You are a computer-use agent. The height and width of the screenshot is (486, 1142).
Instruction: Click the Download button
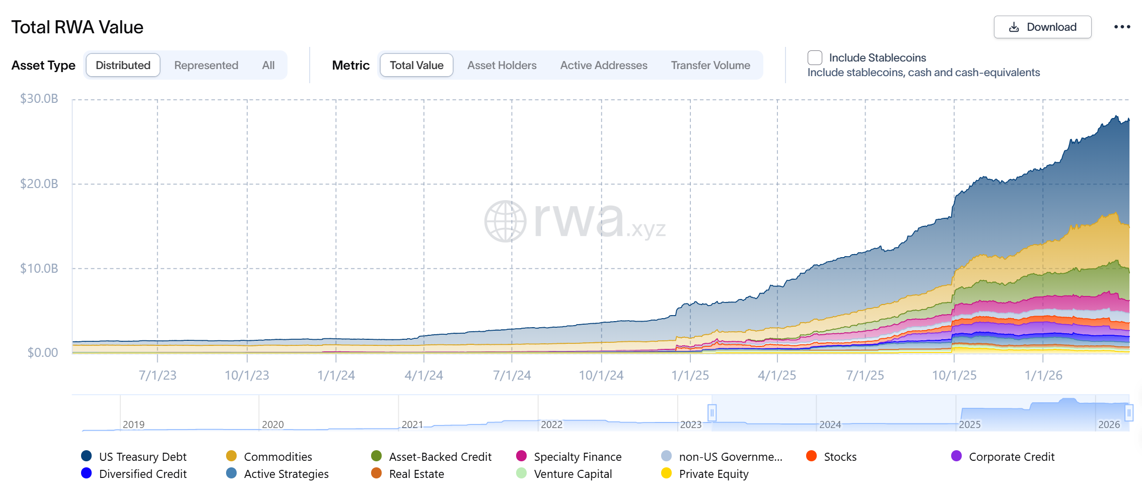(x=1042, y=27)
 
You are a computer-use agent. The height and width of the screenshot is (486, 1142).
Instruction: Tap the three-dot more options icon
(x=1122, y=27)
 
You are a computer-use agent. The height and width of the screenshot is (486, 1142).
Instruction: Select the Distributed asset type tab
(x=123, y=66)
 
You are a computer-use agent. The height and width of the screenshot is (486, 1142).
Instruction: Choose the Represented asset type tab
(x=206, y=66)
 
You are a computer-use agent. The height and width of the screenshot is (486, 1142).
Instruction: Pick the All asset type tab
(x=268, y=66)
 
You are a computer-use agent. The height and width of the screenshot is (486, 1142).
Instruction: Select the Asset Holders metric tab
(x=502, y=66)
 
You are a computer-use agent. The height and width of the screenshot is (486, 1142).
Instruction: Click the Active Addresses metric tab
(x=603, y=66)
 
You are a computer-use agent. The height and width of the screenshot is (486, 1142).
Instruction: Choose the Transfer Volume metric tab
(x=710, y=66)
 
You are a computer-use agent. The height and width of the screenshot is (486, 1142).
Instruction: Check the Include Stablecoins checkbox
(x=815, y=58)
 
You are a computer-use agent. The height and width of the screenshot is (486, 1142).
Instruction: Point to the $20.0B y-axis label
(x=39, y=184)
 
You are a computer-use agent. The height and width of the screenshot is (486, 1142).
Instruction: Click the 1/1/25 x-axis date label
(x=690, y=376)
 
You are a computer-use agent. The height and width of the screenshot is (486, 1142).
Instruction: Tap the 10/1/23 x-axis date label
(x=247, y=376)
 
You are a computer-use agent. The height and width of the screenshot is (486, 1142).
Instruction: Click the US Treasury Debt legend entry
(x=142, y=457)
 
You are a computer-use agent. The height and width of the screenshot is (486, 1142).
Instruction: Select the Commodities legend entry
(x=277, y=457)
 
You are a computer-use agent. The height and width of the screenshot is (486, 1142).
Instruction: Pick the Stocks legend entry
(x=840, y=457)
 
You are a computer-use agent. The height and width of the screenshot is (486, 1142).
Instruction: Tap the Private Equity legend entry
(x=713, y=474)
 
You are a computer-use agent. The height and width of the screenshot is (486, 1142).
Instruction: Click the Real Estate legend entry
(x=416, y=474)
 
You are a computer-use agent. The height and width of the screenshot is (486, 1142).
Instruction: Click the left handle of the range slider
(x=712, y=413)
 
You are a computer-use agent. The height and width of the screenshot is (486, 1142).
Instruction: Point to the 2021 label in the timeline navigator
(x=412, y=424)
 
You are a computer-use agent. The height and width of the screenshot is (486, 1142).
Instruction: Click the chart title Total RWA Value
(x=78, y=27)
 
